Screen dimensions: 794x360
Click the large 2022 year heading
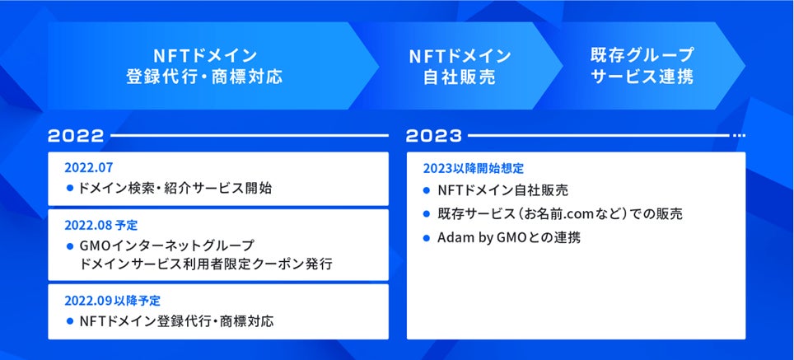pos(76,136)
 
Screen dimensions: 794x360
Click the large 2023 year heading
pos(434,136)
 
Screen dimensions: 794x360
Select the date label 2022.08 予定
pos(100,225)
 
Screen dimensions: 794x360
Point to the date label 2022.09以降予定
pos(112,300)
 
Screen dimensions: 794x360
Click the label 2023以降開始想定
pos(473,168)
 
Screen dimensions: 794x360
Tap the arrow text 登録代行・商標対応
pos(204,77)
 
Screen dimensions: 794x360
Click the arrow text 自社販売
pos(460,77)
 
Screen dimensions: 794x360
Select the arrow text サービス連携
pos(642,77)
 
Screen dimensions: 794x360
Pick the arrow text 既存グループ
pos(642,54)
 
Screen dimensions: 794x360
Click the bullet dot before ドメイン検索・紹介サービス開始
pos(70,189)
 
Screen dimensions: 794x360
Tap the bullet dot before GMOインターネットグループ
pos(70,246)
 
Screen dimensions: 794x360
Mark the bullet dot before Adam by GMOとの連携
pos(427,237)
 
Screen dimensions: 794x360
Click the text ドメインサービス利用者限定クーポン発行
pos(206,264)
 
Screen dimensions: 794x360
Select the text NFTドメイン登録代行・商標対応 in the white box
pos(177,321)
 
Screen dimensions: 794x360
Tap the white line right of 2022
pos(250,136)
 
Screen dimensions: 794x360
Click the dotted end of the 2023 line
pos(740,136)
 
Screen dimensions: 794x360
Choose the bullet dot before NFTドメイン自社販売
pos(427,190)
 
